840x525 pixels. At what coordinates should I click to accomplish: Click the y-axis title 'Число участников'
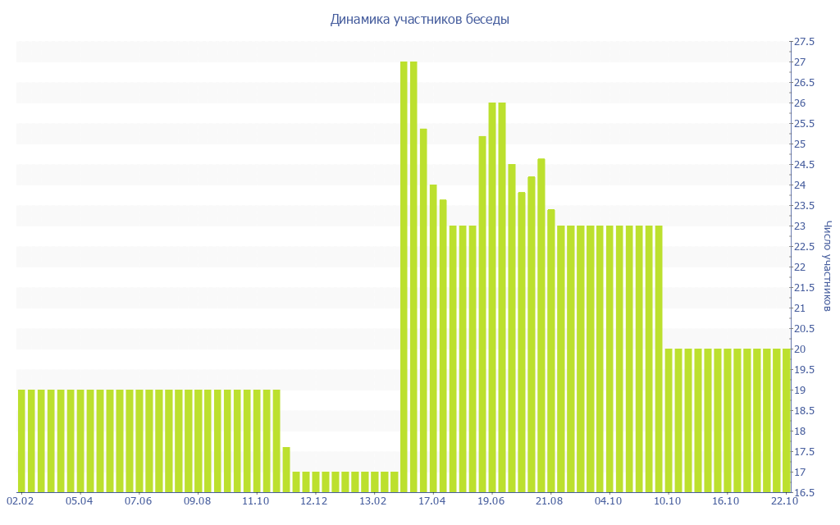[x=828, y=266]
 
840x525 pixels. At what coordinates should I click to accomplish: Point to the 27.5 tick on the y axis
[x=803, y=42]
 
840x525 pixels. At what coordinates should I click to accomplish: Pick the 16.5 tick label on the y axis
[x=803, y=493]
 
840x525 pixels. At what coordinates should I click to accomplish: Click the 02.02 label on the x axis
[x=21, y=500]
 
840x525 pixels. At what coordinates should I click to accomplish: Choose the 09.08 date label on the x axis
[x=197, y=500]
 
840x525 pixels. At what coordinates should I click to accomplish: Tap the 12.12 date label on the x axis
[x=314, y=500]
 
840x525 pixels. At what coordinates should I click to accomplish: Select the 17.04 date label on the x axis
[x=431, y=500]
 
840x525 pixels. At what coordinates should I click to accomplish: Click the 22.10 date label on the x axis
[x=785, y=500]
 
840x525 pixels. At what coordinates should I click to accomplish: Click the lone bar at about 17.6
[x=286, y=469]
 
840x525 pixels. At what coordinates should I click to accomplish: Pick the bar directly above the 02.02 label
[x=21, y=441]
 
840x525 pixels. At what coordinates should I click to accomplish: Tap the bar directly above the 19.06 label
[x=492, y=298]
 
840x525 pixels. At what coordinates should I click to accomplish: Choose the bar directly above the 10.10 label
[x=669, y=421]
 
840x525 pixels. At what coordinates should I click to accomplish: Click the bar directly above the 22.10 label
[x=786, y=421]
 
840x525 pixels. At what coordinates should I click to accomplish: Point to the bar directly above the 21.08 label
[x=550, y=351]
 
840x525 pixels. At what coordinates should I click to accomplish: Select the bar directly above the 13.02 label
[x=374, y=482]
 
